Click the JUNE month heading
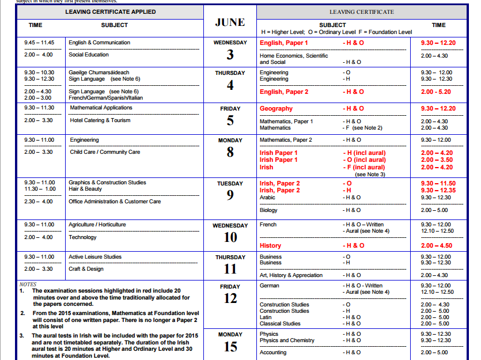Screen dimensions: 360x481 pos(230,22)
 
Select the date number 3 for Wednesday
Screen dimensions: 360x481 pos(230,55)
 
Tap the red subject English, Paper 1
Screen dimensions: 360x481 pos(284,43)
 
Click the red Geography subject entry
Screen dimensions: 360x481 pos(276,108)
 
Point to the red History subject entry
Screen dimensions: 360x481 pos(270,245)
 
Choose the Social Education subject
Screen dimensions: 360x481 pos(89,55)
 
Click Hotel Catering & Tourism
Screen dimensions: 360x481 pos(100,120)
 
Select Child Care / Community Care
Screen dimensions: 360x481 pos(105,152)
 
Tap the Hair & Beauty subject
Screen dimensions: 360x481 pos(85,189)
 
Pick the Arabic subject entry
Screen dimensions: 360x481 pos(268,198)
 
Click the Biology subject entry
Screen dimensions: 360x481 pos(268,210)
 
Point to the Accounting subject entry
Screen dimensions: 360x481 pos(273,353)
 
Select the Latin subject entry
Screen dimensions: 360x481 pos(266,317)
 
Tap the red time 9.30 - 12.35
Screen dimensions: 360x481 pos(438,190)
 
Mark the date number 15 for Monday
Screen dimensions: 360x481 pos(230,346)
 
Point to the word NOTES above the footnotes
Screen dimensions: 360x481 pos(28,285)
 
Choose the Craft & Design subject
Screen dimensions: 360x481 pos(87,269)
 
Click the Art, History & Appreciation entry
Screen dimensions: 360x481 pos(291,275)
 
